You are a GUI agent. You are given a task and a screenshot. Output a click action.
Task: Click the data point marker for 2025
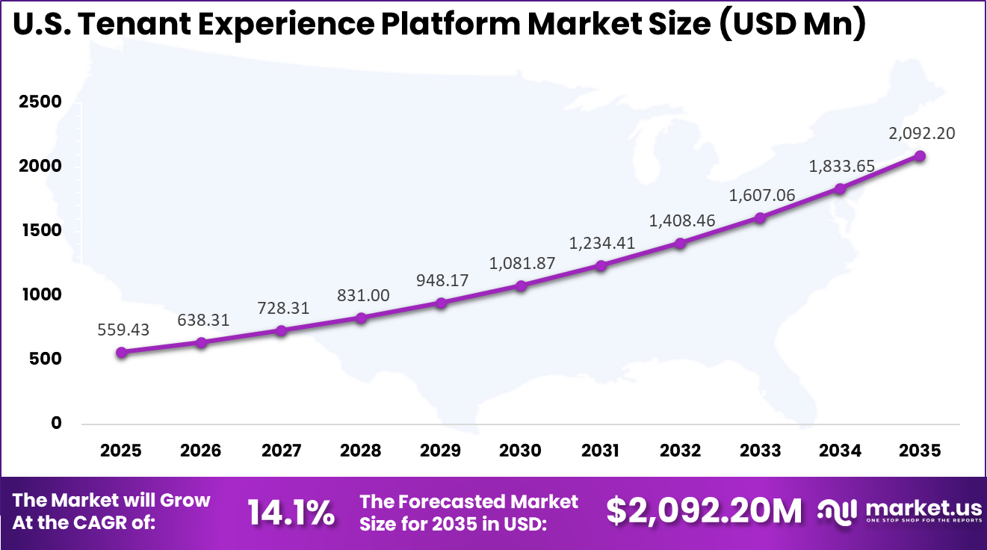(x=121, y=352)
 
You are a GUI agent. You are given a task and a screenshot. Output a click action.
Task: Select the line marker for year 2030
(x=521, y=285)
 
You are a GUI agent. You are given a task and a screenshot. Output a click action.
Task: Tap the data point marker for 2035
(x=921, y=155)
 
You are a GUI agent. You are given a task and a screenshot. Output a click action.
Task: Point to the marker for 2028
(x=361, y=318)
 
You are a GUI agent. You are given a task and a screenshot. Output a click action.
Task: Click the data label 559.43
(x=123, y=329)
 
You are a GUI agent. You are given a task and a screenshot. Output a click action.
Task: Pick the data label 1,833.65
(x=841, y=167)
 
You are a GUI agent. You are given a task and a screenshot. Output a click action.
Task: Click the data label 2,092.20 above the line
(x=921, y=134)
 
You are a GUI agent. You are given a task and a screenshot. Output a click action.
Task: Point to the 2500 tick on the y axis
(x=40, y=102)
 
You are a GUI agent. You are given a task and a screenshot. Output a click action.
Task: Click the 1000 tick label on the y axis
(x=40, y=294)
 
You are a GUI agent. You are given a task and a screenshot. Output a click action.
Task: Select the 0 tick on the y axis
(x=55, y=423)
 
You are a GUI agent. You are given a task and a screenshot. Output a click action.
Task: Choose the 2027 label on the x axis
(x=281, y=451)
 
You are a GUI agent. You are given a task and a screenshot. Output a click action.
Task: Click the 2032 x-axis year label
(x=681, y=451)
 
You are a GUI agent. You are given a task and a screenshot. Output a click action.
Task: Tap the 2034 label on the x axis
(x=841, y=451)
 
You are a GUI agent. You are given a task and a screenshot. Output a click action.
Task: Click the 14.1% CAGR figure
(x=291, y=512)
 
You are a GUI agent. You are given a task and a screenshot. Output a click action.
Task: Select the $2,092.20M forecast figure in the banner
(x=704, y=511)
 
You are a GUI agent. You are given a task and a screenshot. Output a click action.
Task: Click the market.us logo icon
(x=838, y=511)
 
